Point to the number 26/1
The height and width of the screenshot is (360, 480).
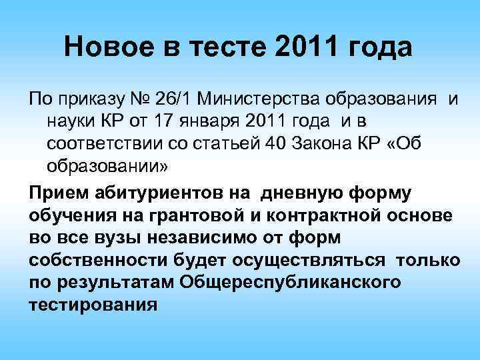[x=175, y=101]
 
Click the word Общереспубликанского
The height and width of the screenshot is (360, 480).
[x=291, y=282]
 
